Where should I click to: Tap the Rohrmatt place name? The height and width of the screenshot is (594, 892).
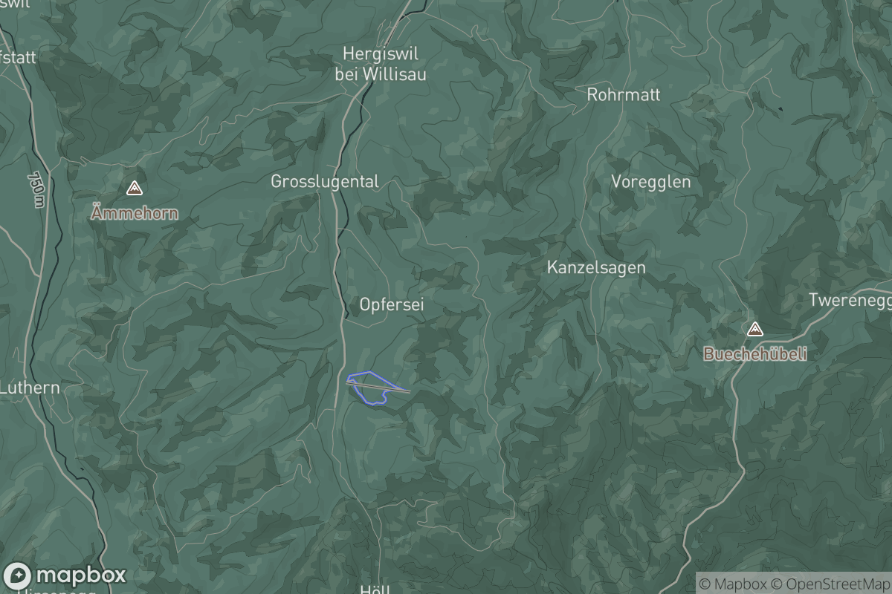(x=623, y=95)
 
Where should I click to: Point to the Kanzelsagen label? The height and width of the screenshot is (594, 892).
(x=596, y=268)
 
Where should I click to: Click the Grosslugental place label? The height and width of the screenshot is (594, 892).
(x=325, y=182)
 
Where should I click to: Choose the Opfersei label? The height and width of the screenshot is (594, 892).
(x=392, y=304)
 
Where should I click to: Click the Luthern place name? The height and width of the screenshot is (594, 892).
(x=30, y=388)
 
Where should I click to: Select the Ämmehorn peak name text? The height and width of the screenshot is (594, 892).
(x=134, y=214)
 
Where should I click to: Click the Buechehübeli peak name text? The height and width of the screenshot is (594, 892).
(x=754, y=355)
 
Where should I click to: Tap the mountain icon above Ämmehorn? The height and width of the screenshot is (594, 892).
(x=134, y=189)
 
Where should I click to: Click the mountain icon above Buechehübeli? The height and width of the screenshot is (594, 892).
(x=754, y=329)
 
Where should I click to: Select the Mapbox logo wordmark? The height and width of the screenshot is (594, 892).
(x=80, y=575)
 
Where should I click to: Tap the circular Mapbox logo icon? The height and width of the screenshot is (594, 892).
(x=17, y=575)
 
